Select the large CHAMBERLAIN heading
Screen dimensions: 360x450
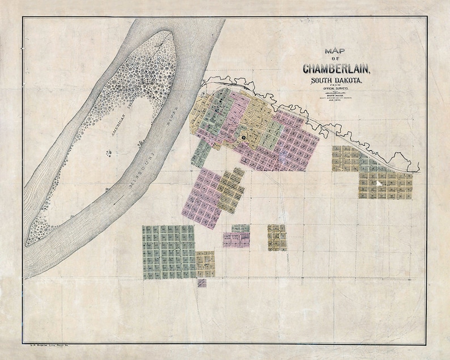[337, 69]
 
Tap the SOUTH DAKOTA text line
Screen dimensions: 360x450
[337, 83]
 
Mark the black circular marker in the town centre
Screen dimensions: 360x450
[243, 137]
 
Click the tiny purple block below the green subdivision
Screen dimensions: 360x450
[202, 283]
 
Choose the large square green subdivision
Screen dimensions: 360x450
[168, 252]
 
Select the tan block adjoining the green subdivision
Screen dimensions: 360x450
[205, 264]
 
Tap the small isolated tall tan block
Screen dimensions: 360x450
[277, 237]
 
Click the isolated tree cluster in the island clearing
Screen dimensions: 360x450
[108, 152]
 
